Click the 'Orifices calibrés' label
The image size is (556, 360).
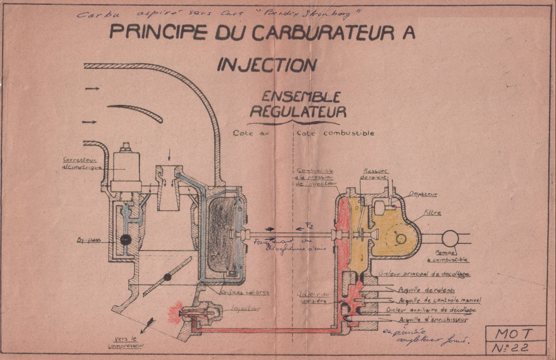click(244, 292)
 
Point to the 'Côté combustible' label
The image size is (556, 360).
click(335, 133)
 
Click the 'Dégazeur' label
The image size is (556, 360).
click(423, 194)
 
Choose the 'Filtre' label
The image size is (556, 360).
click(432, 213)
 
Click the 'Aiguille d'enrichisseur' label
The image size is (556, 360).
click(433, 320)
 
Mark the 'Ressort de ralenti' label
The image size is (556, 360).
click(375, 174)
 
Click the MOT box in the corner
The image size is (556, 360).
click(515, 334)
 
